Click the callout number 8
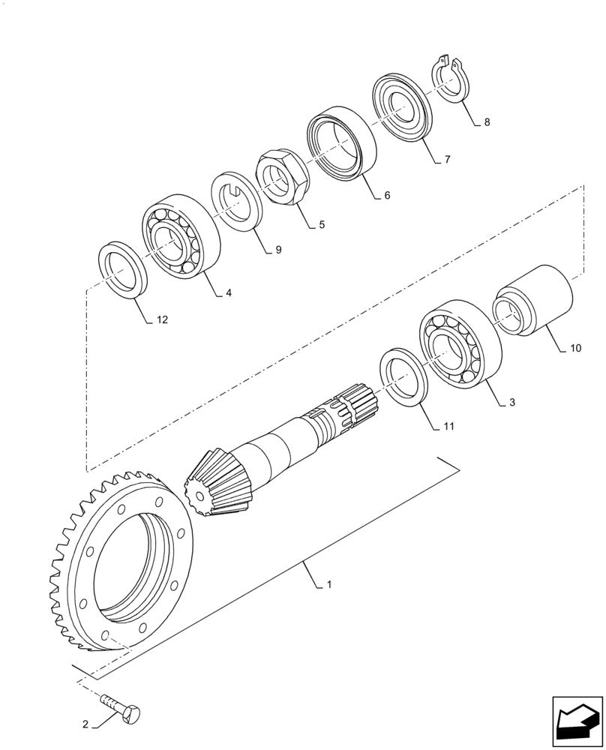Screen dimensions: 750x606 click(487, 122)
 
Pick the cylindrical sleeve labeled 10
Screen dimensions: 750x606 click(532, 302)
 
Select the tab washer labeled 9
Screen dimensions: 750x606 click(235, 201)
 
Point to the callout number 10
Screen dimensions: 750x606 click(575, 349)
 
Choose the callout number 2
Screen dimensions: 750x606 click(85, 725)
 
